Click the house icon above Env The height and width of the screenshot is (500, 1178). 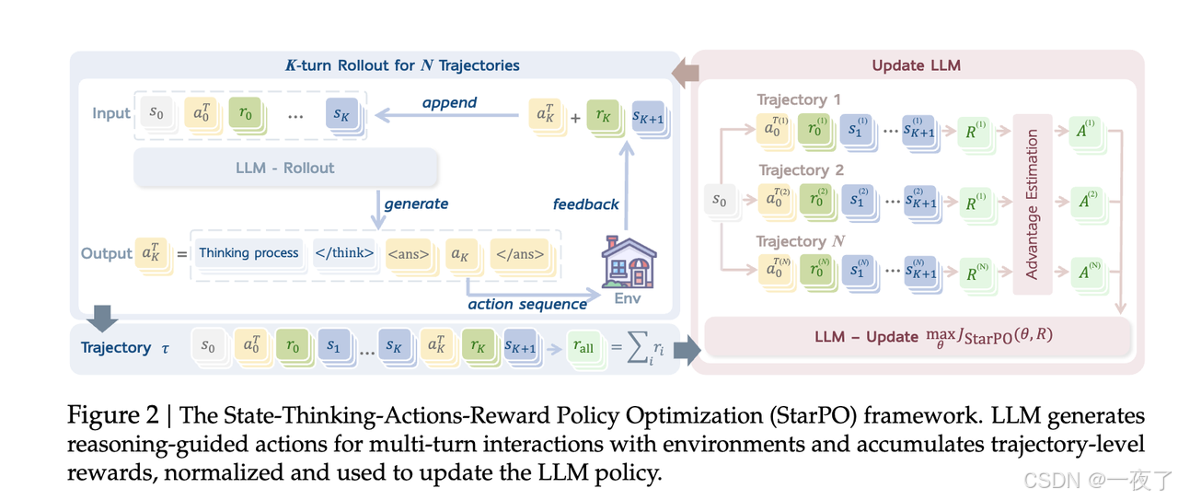(628, 262)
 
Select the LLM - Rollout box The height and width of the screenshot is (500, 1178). (285, 168)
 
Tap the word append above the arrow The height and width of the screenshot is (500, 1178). (449, 102)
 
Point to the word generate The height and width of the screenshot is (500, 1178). (416, 203)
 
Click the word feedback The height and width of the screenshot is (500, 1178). (585, 203)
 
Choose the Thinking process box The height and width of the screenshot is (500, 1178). (248, 253)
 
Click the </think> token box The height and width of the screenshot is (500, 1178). (344, 253)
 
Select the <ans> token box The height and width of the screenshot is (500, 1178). (408, 253)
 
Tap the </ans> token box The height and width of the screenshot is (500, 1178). (519, 253)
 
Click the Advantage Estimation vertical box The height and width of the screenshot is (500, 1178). (1032, 204)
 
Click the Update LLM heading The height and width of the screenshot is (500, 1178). (915, 66)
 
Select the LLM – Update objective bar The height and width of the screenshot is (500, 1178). (917, 335)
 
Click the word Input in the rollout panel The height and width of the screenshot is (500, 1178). (111, 113)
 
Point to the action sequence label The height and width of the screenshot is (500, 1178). (527, 304)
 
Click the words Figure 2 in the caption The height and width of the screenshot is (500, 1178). (114, 416)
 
